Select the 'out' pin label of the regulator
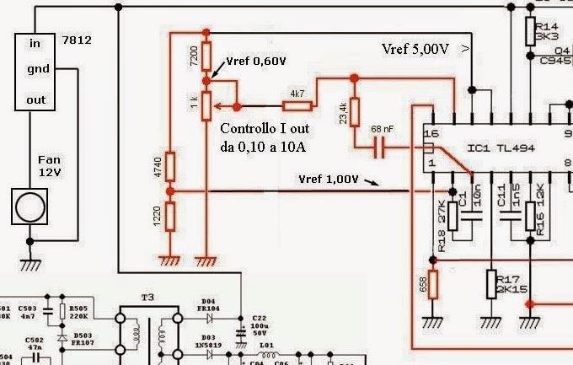click(x=36, y=99)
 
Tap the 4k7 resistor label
click(x=297, y=93)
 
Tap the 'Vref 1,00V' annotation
click(x=329, y=180)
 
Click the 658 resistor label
click(x=421, y=286)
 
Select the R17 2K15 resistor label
click(x=512, y=284)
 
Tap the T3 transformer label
click(x=148, y=298)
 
